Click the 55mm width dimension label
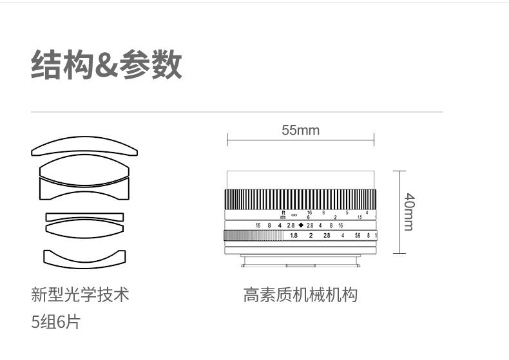pos(300,131)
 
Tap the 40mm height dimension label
pos(408,212)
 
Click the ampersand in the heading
pos(106,66)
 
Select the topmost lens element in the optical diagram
pos(84,146)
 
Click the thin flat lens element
pos(84,216)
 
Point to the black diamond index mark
pos(301,225)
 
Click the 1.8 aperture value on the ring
pos(294,236)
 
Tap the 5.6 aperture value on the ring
pos(358,236)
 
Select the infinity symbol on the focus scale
pos(294,215)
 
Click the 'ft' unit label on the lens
pos(283,212)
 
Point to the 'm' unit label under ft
pos(283,217)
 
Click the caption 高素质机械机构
pos(300,295)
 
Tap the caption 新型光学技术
pos(80,295)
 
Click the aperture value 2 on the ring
pos(311,236)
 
